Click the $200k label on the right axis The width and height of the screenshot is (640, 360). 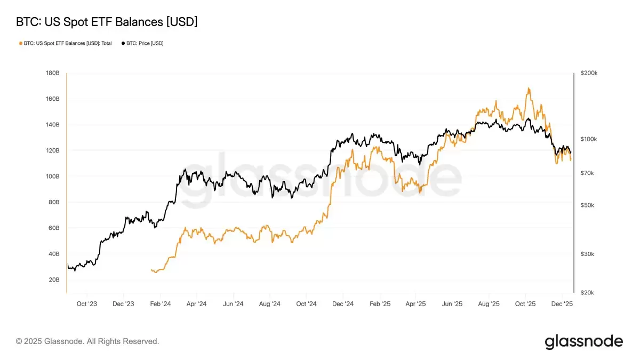589,73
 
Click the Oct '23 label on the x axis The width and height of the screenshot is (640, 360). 86,304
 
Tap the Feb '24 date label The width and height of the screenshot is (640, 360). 160,304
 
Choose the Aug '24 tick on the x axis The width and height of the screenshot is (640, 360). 269,304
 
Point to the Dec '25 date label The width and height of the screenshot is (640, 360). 562,304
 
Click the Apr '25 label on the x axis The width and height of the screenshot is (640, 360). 415,304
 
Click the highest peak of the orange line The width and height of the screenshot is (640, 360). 529,88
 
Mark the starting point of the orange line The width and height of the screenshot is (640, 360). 151,270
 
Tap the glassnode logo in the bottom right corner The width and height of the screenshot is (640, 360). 583,341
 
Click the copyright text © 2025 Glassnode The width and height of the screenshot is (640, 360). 87,341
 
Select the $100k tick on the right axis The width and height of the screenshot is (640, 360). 589,139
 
